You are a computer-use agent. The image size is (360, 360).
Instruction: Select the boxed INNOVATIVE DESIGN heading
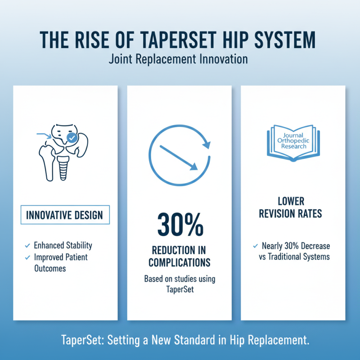(x=64, y=215)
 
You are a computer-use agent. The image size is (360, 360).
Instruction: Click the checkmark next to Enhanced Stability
(x=27, y=246)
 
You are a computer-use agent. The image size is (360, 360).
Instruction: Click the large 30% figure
(x=180, y=223)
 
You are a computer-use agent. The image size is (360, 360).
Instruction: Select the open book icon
(x=293, y=144)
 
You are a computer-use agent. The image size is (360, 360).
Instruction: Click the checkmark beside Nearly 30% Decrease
(x=255, y=246)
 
